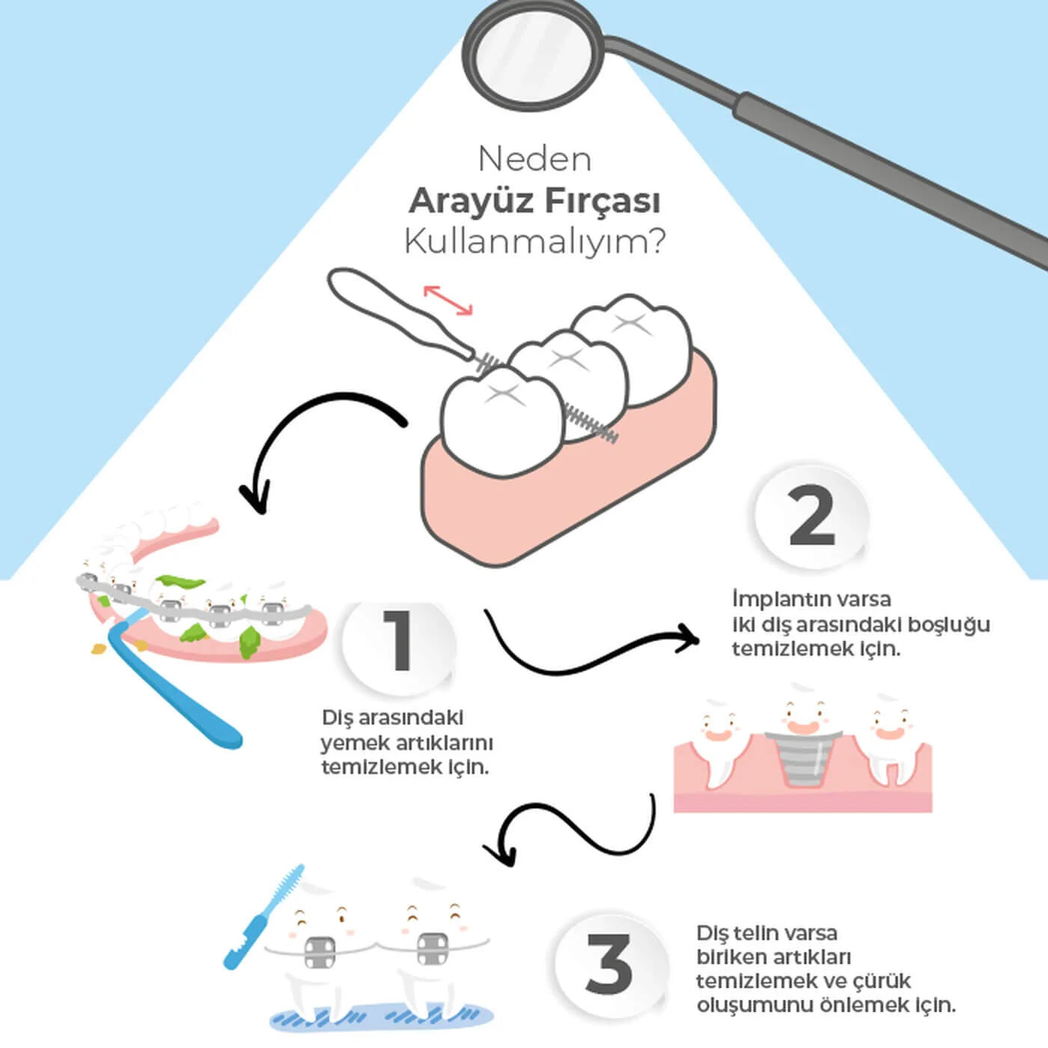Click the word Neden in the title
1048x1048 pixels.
tap(534, 159)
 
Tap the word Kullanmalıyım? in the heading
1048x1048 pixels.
tap(534, 242)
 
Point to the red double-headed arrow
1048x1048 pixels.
tap(448, 299)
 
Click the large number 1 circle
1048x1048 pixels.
tap(398, 642)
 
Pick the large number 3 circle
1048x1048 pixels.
tap(609, 965)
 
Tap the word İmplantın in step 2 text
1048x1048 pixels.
tap(773, 600)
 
